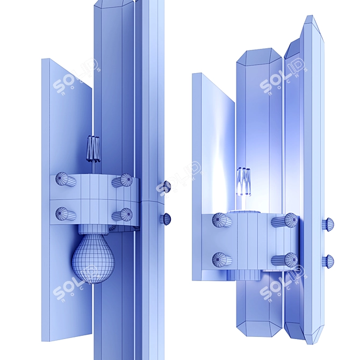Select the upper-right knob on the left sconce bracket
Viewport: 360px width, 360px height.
123,180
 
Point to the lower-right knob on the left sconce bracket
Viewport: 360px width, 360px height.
123,215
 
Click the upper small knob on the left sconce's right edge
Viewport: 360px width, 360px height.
165,186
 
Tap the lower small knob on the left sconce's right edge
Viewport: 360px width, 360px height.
165,218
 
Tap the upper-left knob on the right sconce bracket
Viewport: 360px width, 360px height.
222,220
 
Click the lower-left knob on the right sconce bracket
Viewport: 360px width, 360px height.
222,260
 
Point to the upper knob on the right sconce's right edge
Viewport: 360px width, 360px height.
327,224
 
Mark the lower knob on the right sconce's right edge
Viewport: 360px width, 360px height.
327,261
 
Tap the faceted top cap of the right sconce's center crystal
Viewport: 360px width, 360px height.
260,56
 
